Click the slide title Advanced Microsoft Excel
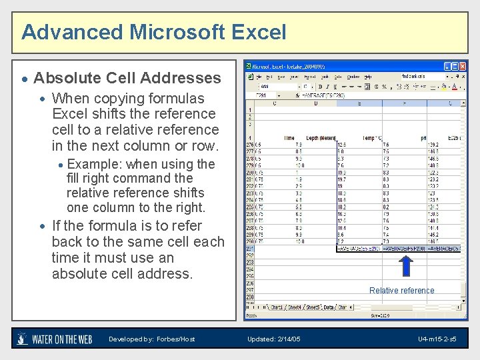[x=153, y=32]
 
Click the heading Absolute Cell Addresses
[x=127, y=78]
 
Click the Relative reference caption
[x=402, y=290]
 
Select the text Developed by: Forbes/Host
[x=152, y=339]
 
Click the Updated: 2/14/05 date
[x=273, y=339]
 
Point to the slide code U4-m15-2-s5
[x=437, y=339]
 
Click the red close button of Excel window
[x=463, y=67]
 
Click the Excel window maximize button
[x=455, y=67]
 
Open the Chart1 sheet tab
[x=274, y=307]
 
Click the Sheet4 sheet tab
[x=293, y=307]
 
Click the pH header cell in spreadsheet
[x=423, y=138]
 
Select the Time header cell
[x=289, y=138]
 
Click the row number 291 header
[x=250, y=249]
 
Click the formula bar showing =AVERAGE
[x=320, y=95]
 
